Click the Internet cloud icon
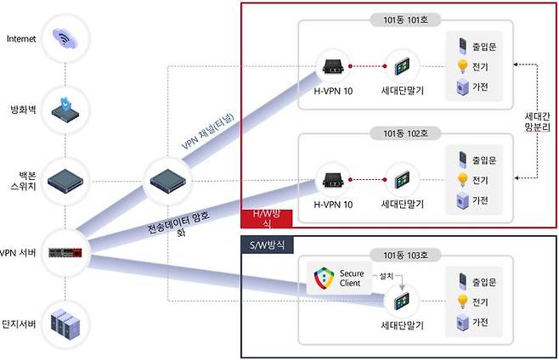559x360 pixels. click(x=66, y=39)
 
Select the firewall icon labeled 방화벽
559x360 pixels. click(x=66, y=109)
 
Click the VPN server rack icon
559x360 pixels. click(x=66, y=252)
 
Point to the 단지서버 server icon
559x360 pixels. click(x=66, y=323)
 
